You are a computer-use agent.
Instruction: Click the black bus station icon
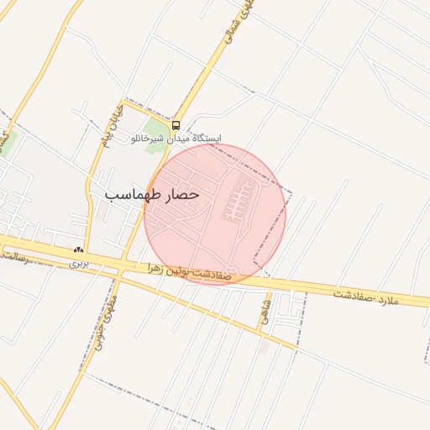[176, 125]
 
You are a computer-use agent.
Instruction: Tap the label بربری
[78, 263]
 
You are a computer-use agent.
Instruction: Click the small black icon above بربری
[78, 250]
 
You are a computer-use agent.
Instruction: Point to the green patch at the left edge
[4, 139]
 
